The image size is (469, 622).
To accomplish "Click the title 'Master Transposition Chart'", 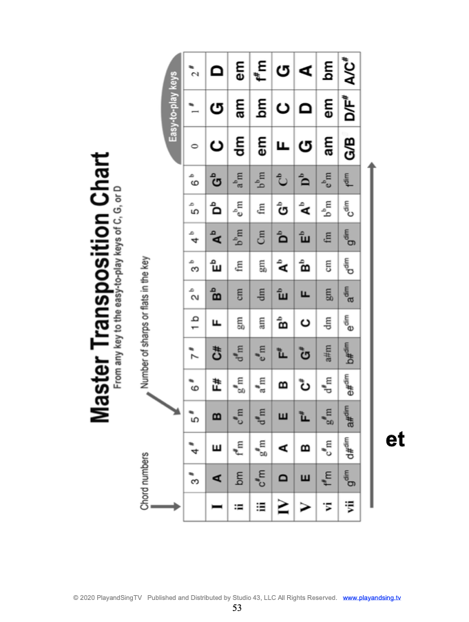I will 101,286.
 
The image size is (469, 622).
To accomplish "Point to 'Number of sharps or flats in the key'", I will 147,323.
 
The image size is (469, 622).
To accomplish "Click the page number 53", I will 237,608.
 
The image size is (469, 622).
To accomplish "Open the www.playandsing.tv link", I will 372,597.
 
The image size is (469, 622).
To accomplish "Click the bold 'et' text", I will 395,439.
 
